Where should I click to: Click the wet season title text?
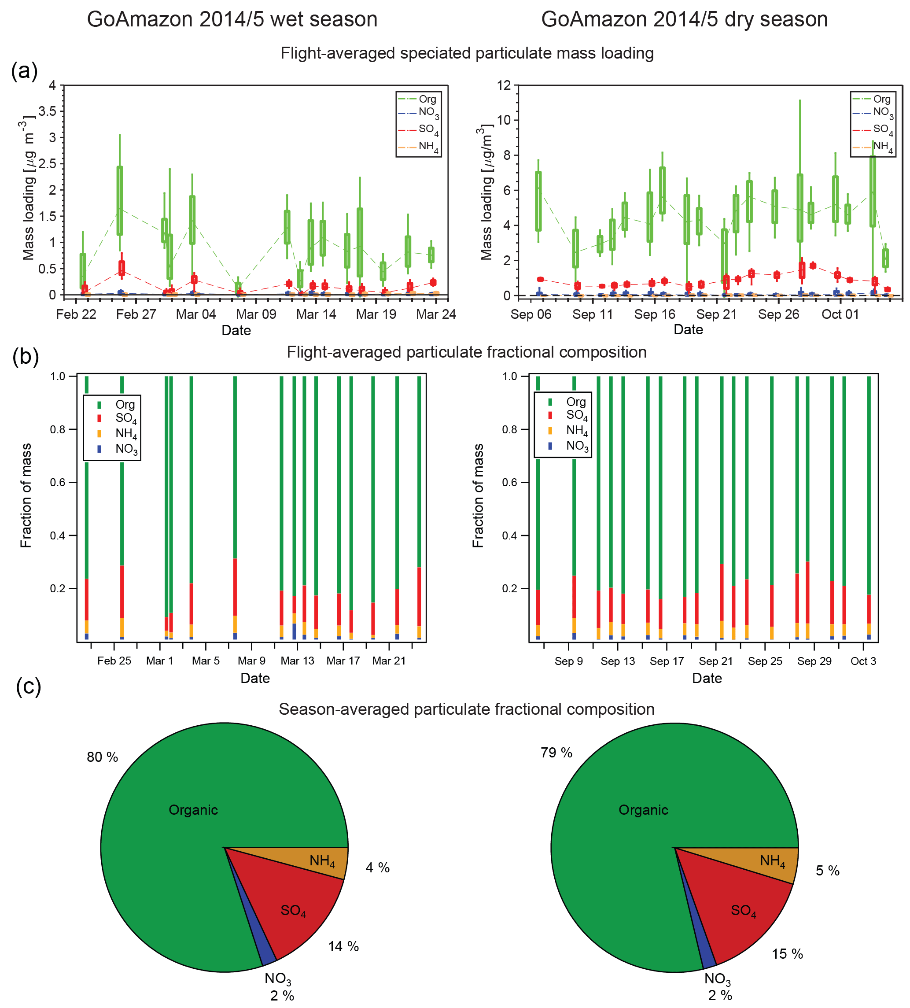point(232,19)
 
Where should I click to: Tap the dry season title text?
point(684,19)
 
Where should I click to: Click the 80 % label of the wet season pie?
point(103,757)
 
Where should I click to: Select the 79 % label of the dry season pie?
point(556,753)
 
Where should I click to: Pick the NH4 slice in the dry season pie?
point(773,861)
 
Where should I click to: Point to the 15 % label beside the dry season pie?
point(787,954)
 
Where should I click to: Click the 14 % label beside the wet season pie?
point(343,946)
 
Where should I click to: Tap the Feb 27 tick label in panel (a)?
point(136,314)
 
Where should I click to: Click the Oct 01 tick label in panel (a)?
point(840,314)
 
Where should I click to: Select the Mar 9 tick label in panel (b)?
point(251,661)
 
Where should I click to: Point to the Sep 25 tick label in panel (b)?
point(765,661)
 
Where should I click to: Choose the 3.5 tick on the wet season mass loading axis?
point(47,111)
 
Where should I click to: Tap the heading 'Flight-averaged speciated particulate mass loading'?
point(467,53)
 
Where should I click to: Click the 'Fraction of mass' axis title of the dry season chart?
point(479,495)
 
